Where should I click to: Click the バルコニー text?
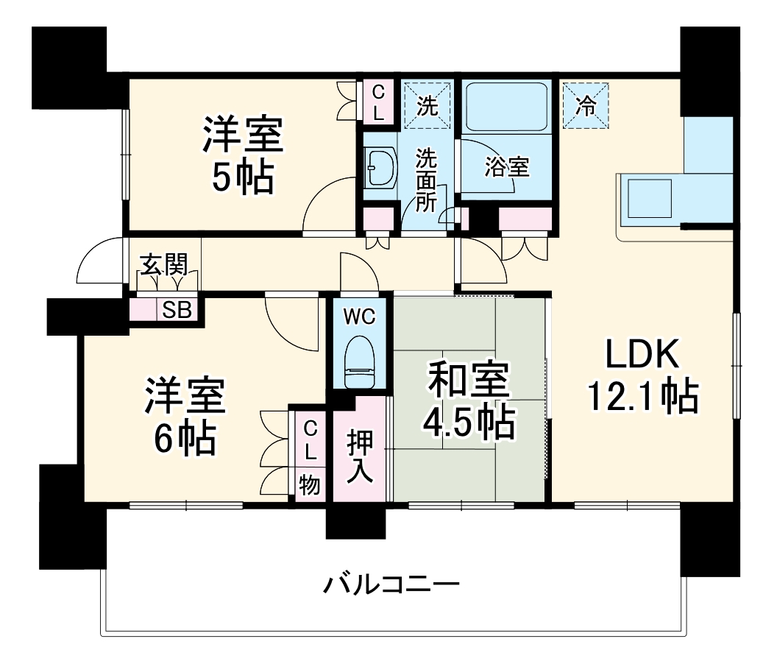(x=392, y=586)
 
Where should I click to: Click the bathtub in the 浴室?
(x=505, y=106)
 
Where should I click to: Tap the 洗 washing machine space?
(x=427, y=106)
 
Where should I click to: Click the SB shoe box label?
(x=177, y=310)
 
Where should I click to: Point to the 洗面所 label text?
(x=426, y=180)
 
